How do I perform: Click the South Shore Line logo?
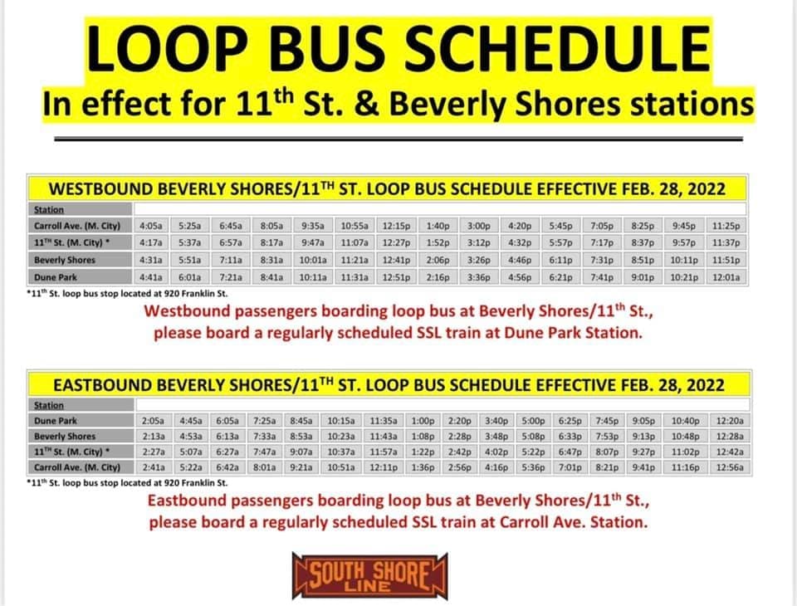(369, 576)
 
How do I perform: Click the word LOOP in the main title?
(167, 49)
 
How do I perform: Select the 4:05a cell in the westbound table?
(151, 226)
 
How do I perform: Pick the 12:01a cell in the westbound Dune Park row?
(726, 277)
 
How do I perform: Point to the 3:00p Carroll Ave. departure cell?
(479, 226)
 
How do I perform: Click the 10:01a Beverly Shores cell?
(313, 261)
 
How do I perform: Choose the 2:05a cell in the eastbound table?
(153, 421)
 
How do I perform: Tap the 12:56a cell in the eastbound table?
(730, 467)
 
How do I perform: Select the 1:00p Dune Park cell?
(423, 421)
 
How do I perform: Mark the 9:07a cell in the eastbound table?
(301, 452)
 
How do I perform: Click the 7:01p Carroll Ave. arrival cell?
(570, 467)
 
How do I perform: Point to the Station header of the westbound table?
(49, 209)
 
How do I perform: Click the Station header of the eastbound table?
(49, 405)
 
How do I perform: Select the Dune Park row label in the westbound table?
(56, 277)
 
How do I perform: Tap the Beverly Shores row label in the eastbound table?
(65, 436)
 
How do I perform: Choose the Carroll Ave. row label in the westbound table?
(76, 226)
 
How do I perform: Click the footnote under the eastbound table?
(127, 482)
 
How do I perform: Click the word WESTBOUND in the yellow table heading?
(101, 189)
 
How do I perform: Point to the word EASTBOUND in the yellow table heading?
(102, 385)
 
